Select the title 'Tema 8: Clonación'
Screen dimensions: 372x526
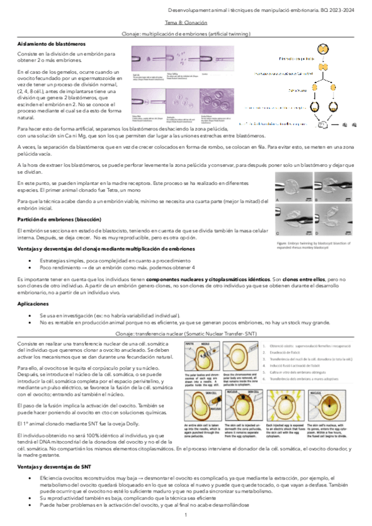[186, 22]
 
